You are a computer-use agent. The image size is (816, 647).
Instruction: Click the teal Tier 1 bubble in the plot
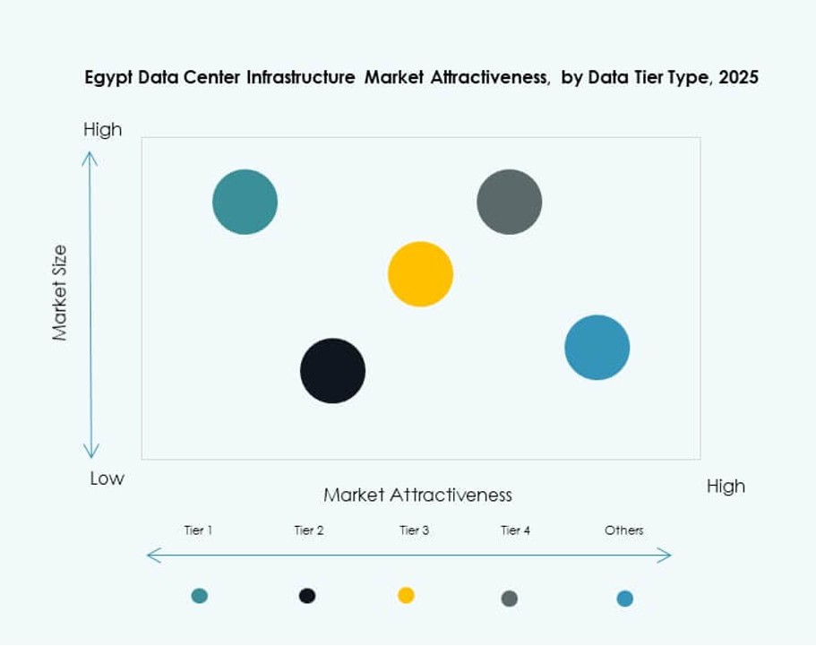(x=245, y=202)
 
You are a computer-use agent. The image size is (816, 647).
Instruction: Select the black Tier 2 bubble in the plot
(x=332, y=371)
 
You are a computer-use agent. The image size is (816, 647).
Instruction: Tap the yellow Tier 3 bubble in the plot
(x=420, y=274)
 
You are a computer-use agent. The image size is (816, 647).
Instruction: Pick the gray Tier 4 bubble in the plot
(x=509, y=202)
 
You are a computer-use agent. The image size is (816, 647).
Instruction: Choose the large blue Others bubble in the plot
(x=597, y=348)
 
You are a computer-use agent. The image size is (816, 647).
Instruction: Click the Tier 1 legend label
(x=198, y=531)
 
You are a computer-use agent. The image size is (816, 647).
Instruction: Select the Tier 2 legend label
(x=308, y=531)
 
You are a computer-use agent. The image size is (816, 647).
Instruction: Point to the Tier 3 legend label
(x=414, y=531)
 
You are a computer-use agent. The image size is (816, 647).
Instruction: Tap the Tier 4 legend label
(x=515, y=531)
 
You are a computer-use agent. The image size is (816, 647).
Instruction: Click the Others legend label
(x=623, y=531)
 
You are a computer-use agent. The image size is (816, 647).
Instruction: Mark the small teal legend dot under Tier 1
(x=199, y=596)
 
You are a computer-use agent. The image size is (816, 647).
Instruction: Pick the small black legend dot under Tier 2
(x=307, y=596)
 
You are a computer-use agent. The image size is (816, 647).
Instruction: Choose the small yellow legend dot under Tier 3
(x=406, y=595)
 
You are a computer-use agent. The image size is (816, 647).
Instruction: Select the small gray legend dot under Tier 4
(x=510, y=599)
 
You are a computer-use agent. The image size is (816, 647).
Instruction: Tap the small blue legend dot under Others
(x=624, y=599)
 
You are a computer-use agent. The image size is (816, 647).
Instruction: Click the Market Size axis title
(x=60, y=292)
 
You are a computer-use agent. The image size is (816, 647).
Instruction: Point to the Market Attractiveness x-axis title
(x=417, y=495)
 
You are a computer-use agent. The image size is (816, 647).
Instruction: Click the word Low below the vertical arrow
(x=107, y=479)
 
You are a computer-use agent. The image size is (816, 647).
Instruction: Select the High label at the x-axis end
(x=725, y=487)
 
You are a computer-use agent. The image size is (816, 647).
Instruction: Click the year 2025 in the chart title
(x=738, y=78)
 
